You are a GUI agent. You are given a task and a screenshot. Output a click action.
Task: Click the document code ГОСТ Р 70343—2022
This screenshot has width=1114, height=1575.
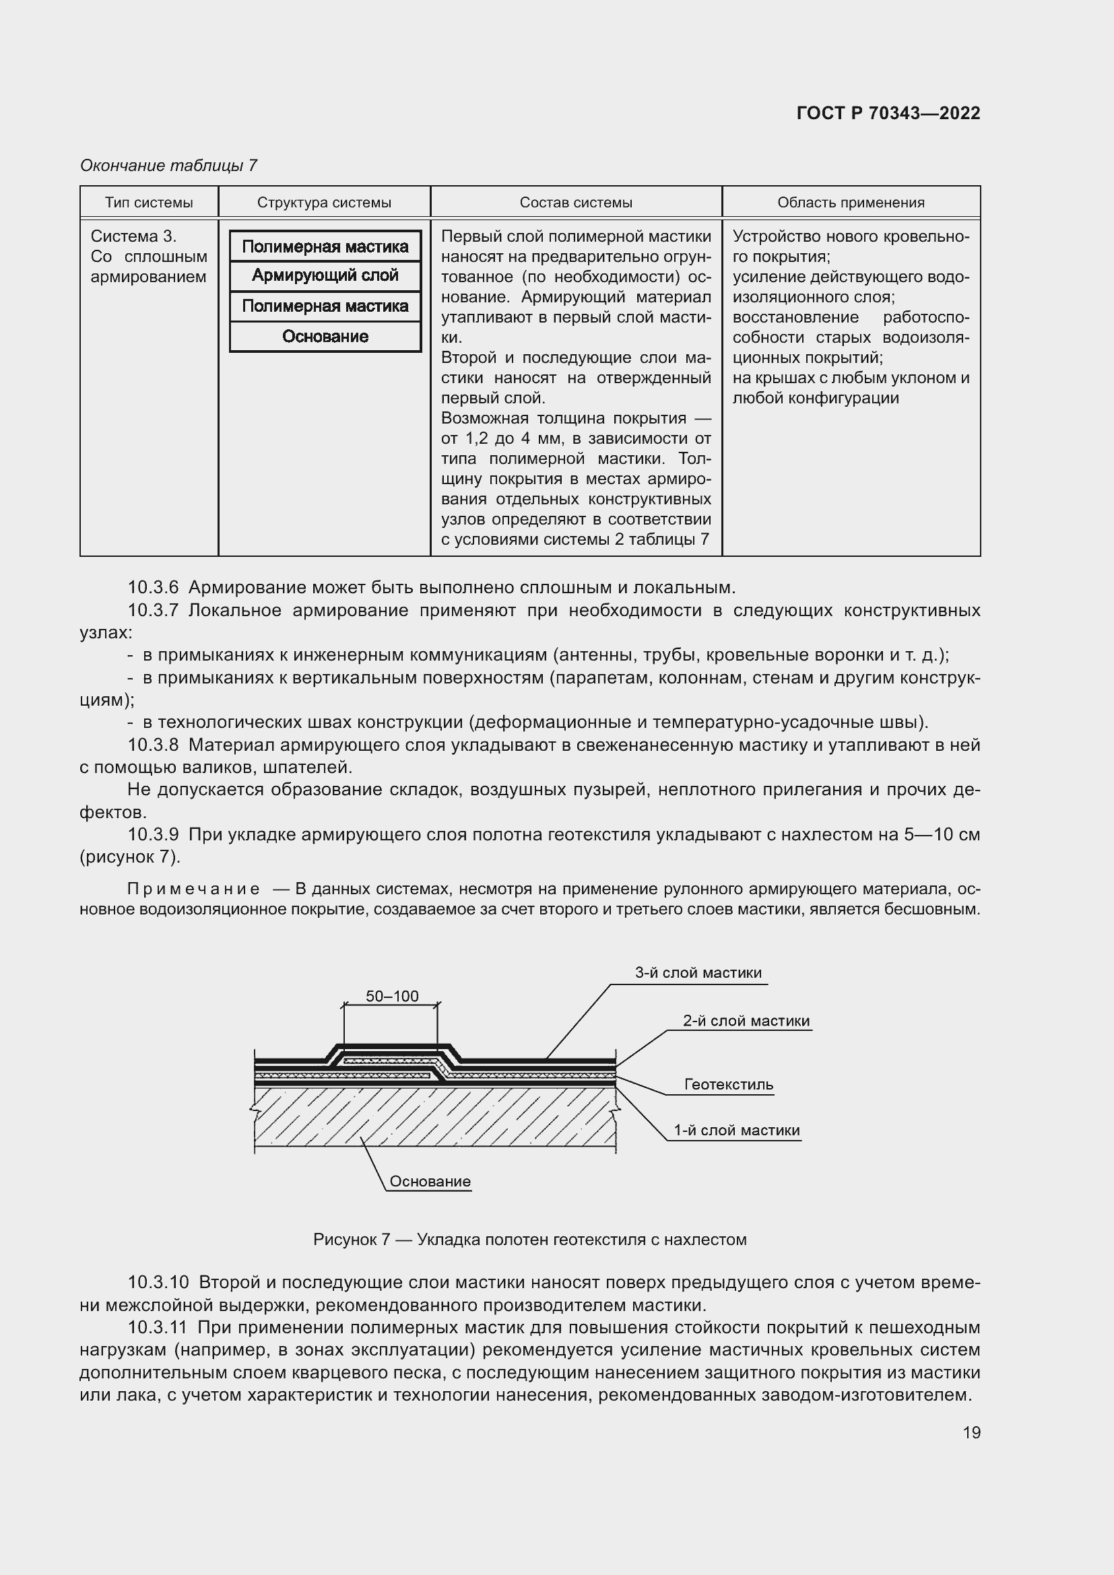(x=888, y=113)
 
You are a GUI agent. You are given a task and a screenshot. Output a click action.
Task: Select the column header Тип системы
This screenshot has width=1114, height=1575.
(x=149, y=203)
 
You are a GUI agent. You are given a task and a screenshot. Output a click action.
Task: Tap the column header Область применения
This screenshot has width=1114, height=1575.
(x=851, y=203)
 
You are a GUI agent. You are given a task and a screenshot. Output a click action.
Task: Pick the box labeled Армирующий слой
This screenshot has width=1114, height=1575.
(x=325, y=276)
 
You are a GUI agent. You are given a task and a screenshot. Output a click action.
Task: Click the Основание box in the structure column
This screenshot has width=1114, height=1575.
(x=325, y=337)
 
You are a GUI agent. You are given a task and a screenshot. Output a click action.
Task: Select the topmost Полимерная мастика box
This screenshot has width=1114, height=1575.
(x=325, y=246)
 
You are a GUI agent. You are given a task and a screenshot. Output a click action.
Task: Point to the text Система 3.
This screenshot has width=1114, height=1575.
(x=134, y=236)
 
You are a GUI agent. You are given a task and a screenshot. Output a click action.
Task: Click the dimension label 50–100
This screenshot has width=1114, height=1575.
(x=392, y=996)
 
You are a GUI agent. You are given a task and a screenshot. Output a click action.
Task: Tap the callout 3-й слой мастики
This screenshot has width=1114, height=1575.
(x=698, y=973)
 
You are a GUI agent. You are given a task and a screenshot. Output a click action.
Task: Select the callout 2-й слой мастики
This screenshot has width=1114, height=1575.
(x=746, y=1021)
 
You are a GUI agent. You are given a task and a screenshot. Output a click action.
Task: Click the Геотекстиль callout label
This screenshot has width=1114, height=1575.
(x=729, y=1085)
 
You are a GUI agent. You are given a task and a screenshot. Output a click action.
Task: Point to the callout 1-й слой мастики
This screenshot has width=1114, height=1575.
(x=736, y=1131)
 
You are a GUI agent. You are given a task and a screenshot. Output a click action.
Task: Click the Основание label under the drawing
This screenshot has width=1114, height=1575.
(x=430, y=1181)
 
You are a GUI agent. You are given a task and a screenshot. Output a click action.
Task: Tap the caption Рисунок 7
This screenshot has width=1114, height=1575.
(x=351, y=1240)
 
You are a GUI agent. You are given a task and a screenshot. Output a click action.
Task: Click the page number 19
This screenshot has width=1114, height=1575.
(x=971, y=1432)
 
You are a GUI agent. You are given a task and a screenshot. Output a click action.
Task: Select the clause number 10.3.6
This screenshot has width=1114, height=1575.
(x=153, y=588)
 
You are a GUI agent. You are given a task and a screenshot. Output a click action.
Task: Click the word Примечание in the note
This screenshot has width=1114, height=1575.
(x=193, y=890)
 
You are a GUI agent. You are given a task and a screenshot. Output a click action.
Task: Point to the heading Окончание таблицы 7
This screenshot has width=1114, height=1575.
(x=169, y=166)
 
